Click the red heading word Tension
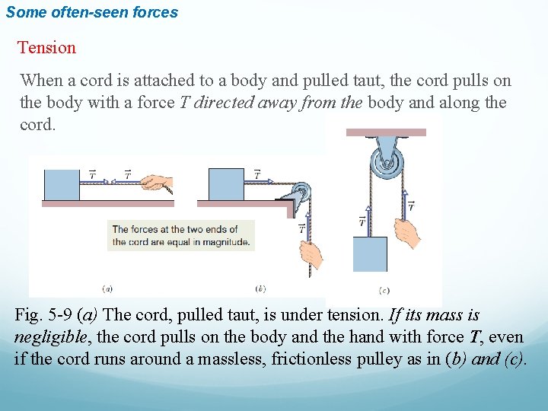47,48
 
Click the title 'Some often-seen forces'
91,12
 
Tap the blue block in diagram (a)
62,185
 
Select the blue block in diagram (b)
226,185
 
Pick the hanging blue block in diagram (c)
370,253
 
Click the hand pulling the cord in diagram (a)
158,183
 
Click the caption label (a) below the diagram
107,288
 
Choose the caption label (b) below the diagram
261,288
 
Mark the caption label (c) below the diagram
384,290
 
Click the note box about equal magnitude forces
180,236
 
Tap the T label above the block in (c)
362,221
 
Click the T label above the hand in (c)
411,205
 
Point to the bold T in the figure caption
476,337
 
